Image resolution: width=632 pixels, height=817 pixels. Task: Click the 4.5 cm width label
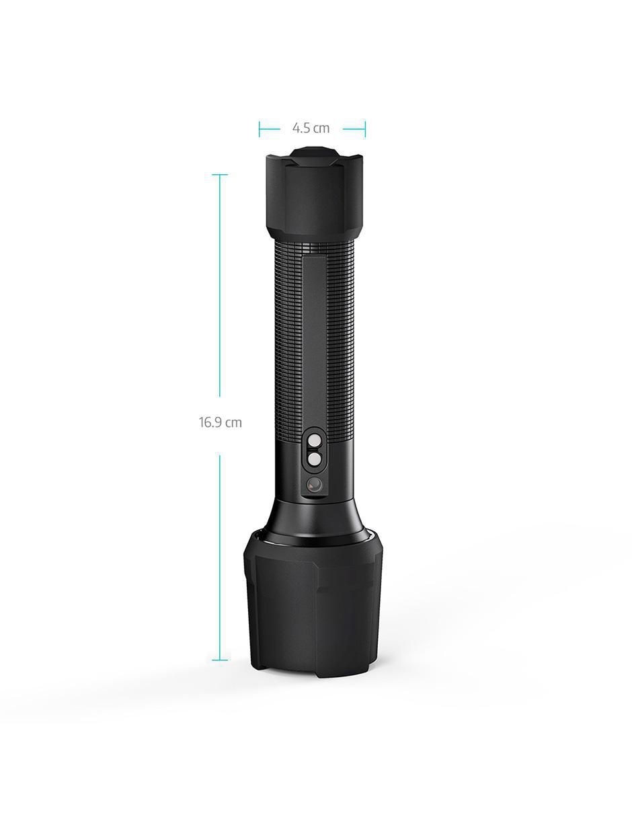(311, 128)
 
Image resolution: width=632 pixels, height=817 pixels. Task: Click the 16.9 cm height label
(220, 422)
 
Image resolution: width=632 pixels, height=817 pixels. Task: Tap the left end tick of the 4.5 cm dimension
(259, 129)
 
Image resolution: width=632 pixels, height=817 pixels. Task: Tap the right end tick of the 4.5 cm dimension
(364, 129)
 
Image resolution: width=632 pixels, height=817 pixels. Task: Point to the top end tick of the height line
(220, 174)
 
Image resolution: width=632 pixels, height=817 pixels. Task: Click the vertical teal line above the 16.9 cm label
(220, 286)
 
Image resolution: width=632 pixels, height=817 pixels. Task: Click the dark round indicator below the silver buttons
(314, 485)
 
